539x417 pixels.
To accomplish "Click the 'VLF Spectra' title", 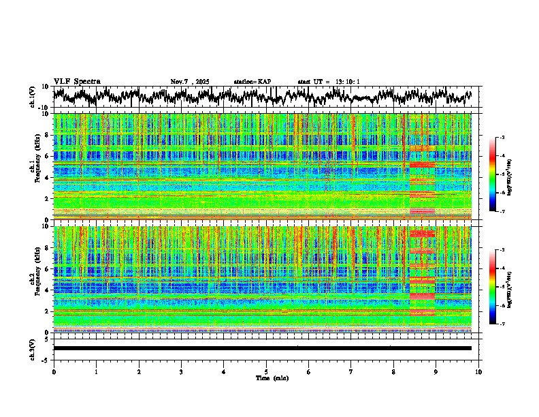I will pyautogui.click(x=77, y=81).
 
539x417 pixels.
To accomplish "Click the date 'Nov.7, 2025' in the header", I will pyautogui.click(x=190, y=82).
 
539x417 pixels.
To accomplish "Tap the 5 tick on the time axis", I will pyautogui.click(x=266, y=371).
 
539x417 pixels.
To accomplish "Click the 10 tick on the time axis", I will pyautogui.click(x=478, y=371).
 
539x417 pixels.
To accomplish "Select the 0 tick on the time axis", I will pyautogui.click(x=54, y=371).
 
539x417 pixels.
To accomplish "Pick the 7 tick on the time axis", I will pyautogui.click(x=351, y=371).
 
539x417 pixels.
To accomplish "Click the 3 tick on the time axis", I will pyautogui.click(x=181, y=371).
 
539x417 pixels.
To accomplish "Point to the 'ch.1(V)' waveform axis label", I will pyautogui.click(x=33, y=96).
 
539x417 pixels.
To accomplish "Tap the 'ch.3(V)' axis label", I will pyautogui.click(x=33, y=348).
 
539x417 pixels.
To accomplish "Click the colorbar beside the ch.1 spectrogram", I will pyautogui.click(x=498, y=175).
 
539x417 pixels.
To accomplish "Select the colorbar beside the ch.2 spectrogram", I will pyautogui.click(x=498, y=288).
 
